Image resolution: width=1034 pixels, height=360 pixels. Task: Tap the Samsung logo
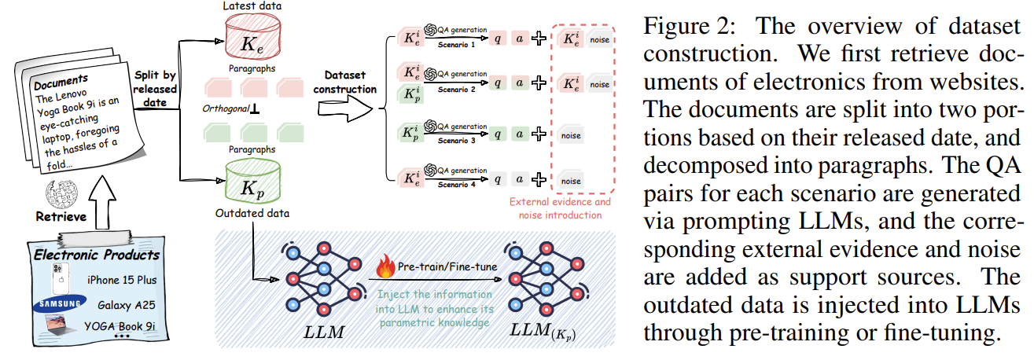(x=56, y=304)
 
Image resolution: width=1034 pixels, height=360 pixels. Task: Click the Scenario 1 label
(x=457, y=43)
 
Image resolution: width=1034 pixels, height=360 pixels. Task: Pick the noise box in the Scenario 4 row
(x=570, y=181)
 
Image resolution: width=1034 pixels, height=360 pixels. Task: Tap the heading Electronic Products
(x=96, y=255)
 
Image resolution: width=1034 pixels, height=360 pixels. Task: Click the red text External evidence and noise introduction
(x=561, y=208)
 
